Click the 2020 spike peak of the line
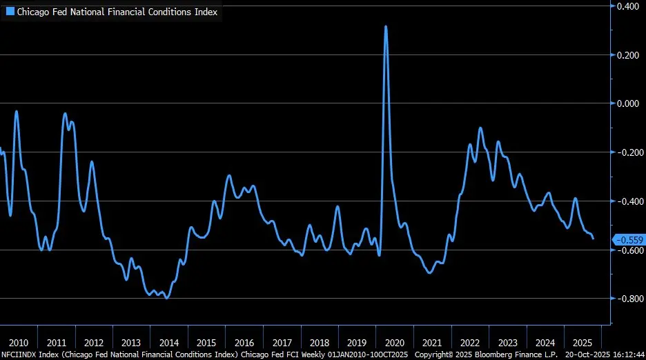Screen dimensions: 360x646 tap(386, 27)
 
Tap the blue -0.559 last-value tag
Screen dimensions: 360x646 tap(628, 239)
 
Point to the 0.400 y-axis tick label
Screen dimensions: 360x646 tap(629, 6)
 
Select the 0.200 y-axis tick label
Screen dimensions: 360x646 tap(629, 55)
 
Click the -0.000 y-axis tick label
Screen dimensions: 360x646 tap(627, 103)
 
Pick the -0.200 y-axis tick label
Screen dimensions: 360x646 tap(627, 152)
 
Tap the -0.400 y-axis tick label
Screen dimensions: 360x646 tap(627, 201)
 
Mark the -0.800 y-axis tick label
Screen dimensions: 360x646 tap(627, 299)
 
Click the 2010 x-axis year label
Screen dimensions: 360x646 tap(19, 343)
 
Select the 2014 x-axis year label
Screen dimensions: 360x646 tap(168, 343)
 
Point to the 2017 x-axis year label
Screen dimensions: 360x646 tap(282, 343)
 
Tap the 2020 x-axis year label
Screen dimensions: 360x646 tap(395, 343)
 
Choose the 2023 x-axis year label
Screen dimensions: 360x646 tap(507, 343)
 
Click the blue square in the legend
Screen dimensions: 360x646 tap(10, 12)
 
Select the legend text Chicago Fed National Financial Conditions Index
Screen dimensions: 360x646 tap(117, 12)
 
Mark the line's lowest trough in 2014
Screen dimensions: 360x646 tap(167, 298)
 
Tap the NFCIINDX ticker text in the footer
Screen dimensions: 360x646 tap(19, 354)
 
